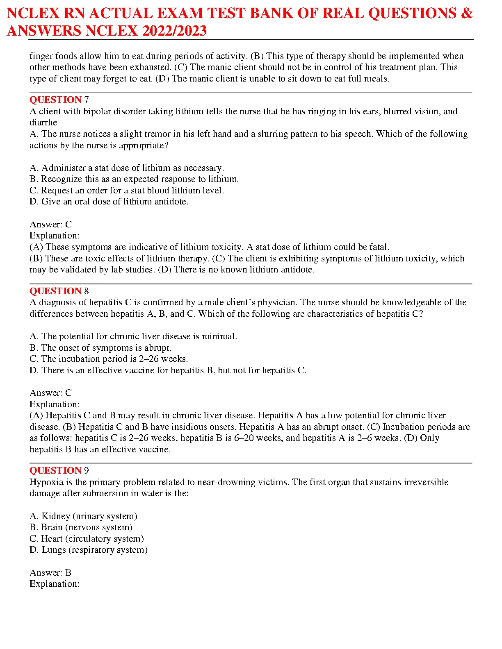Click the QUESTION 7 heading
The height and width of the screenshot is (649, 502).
coord(59,100)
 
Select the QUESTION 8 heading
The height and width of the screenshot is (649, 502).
coord(59,291)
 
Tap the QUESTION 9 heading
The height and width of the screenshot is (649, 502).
coord(59,471)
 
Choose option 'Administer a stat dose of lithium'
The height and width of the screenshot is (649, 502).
coord(127,168)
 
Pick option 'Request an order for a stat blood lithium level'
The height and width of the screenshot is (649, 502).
coord(127,191)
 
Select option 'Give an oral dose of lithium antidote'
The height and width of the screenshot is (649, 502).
coord(109,202)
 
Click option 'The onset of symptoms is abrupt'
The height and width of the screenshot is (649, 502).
coord(100,348)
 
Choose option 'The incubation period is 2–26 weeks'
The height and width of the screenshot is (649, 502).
coord(109,359)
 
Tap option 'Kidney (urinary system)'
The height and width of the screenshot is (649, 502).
coord(83,516)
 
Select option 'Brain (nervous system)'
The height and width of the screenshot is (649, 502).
coord(81,527)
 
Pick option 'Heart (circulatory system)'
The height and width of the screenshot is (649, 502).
coord(87,539)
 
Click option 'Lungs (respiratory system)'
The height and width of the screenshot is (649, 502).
coord(88,550)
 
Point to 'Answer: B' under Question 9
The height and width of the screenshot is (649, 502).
coord(50,573)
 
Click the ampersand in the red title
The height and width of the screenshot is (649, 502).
coord(466,14)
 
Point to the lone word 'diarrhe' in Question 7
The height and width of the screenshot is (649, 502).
coord(43,123)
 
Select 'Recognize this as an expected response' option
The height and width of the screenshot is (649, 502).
coord(134,179)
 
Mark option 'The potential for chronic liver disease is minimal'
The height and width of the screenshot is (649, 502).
coord(133,336)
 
